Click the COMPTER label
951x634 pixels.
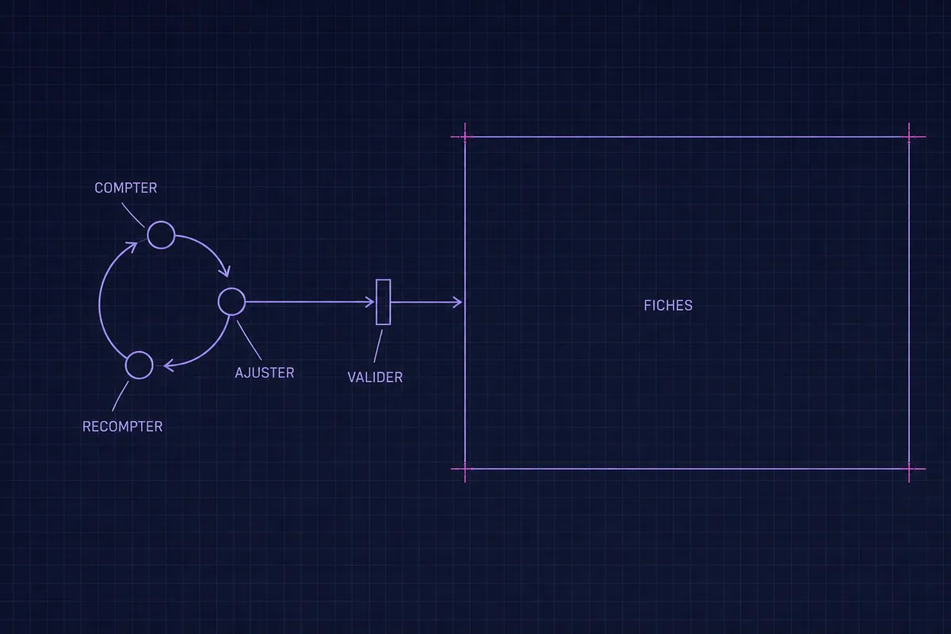(x=126, y=188)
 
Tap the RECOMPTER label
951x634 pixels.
(x=122, y=426)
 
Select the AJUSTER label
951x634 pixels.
(x=265, y=372)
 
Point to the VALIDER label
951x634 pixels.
(x=375, y=377)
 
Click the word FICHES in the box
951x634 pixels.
(x=668, y=305)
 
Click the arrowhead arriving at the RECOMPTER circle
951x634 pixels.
(x=168, y=365)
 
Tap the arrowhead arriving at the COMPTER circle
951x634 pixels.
(x=132, y=246)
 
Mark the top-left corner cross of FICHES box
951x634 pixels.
(x=465, y=137)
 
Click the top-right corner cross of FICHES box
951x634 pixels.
(x=909, y=137)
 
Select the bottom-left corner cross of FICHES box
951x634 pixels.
(x=465, y=469)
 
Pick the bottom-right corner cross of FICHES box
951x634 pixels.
(x=909, y=469)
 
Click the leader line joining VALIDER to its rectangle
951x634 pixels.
(x=378, y=346)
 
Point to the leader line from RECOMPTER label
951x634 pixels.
(x=120, y=396)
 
